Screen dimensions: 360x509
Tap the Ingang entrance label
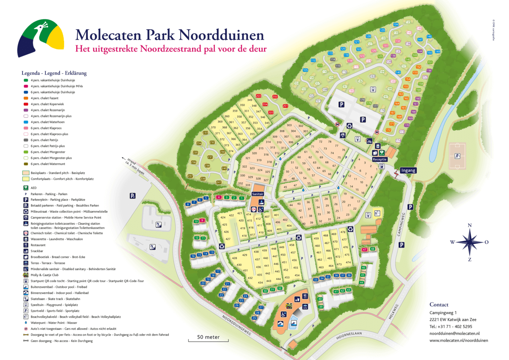[408, 170]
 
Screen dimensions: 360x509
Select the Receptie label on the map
[380, 159]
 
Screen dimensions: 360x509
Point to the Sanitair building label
[258, 193]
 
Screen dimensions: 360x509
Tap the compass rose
[469, 242]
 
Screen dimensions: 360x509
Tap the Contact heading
[439, 304]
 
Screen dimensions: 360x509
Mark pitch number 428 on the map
[234, 258]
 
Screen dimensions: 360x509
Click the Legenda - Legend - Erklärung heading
[54, 73]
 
